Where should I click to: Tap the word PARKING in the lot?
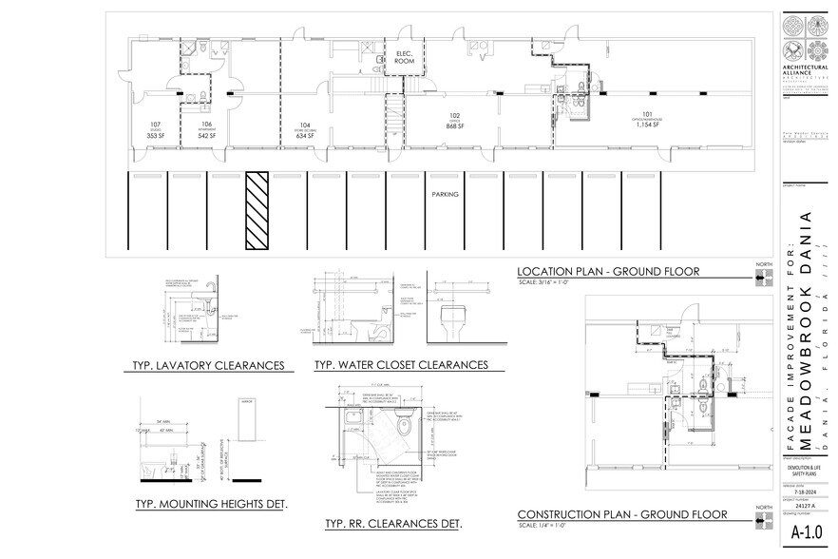point(446,194)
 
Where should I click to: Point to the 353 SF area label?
point(156,136)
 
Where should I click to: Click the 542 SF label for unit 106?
point(207,136)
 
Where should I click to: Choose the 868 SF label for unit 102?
point(454,126)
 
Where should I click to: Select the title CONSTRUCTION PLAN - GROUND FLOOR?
point(622,515)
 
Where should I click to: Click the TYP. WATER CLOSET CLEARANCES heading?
point(401,364)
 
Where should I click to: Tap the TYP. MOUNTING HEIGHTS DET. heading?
point(212,503)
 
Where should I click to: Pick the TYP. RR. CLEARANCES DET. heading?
point(393,524)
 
